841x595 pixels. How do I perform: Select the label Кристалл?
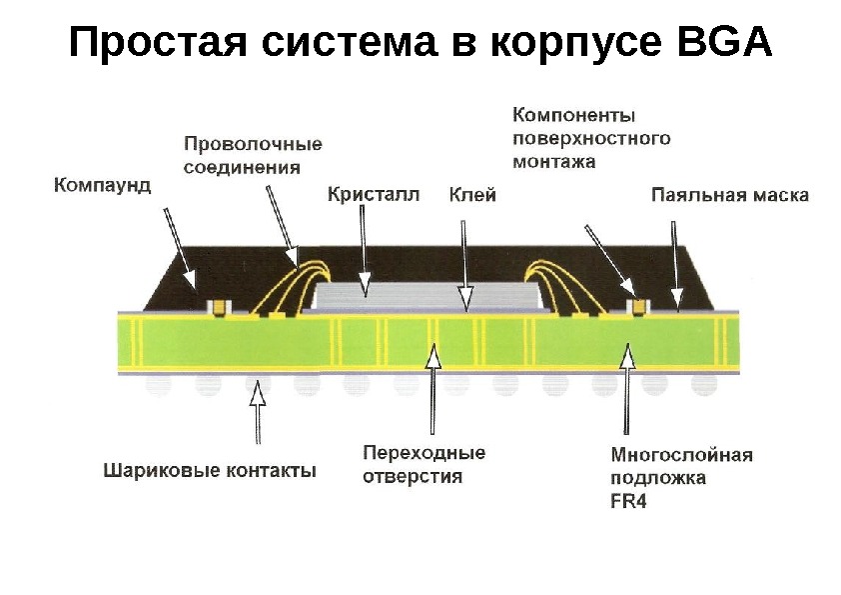[374, 194]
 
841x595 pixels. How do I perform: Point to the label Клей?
[472, 194]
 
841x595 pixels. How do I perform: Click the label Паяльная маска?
[729, 194]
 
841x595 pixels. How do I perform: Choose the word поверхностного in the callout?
[590, 137]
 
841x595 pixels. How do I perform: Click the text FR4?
[628, 502]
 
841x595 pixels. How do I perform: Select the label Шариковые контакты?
[210, 469]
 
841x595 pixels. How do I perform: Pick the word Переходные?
[423, 453]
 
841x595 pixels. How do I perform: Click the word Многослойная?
[681, 455]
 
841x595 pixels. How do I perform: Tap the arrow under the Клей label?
[463, 262]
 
